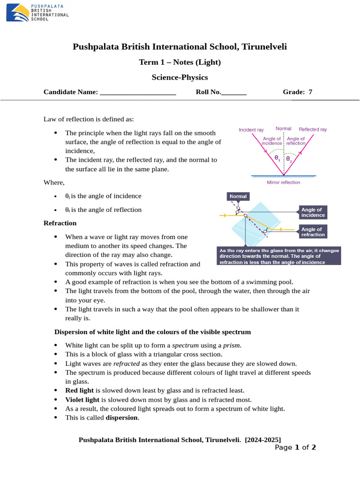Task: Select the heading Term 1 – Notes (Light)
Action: tap(180, 62)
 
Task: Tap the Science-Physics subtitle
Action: tap(180, 77)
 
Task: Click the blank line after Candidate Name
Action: tap(138, 92)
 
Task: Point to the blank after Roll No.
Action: tap(233, 92)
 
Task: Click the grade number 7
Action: tap(310, 92)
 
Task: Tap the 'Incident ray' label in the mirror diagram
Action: tap(251, 129)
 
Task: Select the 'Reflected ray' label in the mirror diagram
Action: tap(313, 129)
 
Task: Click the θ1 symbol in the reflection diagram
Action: tap(277, 158)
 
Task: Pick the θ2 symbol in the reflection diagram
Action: tap(289, 158)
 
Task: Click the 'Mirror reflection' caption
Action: tap(283, 182)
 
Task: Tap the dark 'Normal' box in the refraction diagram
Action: tap(238, 196)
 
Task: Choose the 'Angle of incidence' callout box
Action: tap(313, 212)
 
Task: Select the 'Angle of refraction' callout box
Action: tap(313, 232)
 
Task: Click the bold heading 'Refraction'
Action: tap(60, 223)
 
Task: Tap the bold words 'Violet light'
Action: tap(82, 399)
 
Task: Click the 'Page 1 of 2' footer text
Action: tap(295, 447)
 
